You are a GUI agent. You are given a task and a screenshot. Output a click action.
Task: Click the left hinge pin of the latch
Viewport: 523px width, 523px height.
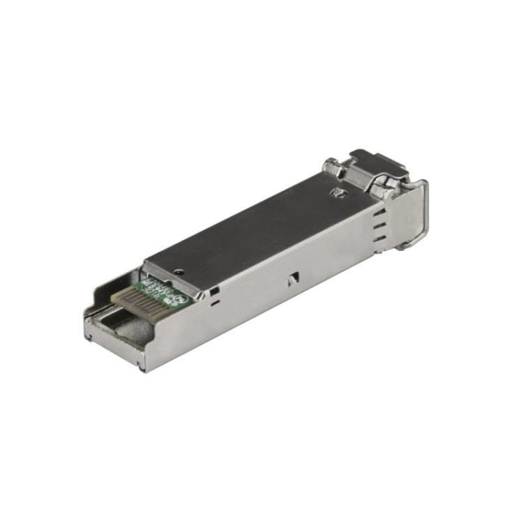[x=332, y=167]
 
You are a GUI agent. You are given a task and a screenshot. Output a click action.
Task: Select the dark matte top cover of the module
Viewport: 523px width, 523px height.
[x=258, y=223]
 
